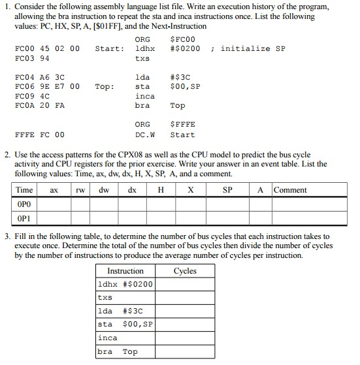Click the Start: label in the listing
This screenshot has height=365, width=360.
pos(109,48)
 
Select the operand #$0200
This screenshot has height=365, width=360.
pos(185,48)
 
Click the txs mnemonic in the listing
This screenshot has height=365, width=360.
pos(142,58)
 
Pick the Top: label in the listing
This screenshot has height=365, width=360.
pos(105,86)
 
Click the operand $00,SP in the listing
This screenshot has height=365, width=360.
pos(185,86)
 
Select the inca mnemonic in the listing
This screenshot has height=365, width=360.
pos(144,96)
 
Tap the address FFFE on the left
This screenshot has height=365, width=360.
pos(24,135)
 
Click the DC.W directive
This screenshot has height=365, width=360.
pos(144,135)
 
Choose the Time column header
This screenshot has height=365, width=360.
pos(24,190)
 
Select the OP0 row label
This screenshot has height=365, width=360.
pos(24,203)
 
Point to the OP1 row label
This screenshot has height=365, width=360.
pos(24,217)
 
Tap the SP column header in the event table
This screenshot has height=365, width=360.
pos(227,190)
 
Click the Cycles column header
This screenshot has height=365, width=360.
pos(186,271)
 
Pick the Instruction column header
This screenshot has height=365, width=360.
pos(125,271)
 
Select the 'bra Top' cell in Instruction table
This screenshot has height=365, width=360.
pos(118,351)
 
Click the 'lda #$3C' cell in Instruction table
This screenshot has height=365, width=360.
pos(124,311)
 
